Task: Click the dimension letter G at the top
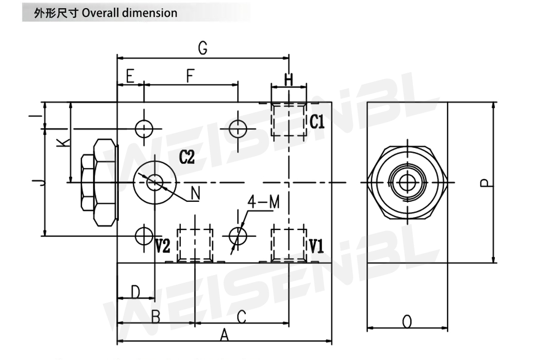point(203,48)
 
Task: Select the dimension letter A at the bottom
point(224,335)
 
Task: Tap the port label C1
point(318,122)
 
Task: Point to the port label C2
point(187,158)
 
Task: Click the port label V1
point(316,247)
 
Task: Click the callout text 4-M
point(264,202)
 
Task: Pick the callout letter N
point(195,193)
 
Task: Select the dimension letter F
point(190,77)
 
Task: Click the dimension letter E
point(130,77)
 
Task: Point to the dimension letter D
point(135,292)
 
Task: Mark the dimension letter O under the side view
point(407,322)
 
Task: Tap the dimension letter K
point(62,142)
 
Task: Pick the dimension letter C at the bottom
point(242,316)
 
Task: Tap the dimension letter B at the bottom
point(155,317)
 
